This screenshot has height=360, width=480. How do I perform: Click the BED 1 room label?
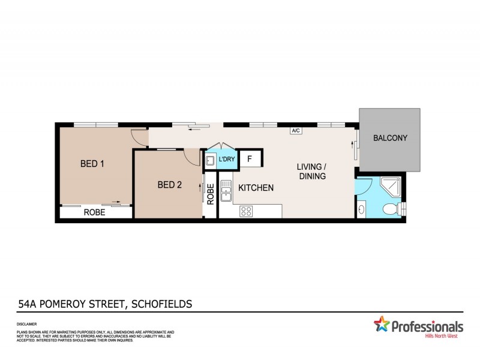[x=92, y=163]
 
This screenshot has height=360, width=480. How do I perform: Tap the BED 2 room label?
[x=169, y=185]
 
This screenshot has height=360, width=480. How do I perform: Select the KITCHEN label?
[x=256, y=188]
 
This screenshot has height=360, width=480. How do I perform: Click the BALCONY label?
[x=390, y=138]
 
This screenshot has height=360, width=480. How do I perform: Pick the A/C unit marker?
[x=295, y=130]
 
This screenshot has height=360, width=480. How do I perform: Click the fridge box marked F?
[x=250, y=160]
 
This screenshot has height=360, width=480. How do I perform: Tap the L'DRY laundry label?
[x=226, y=160]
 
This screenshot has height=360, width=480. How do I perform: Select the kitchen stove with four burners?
[x=246, y=211]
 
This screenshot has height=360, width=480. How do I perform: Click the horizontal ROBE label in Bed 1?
[x=95, y=212]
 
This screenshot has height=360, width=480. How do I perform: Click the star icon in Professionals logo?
[x=382, y=325]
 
